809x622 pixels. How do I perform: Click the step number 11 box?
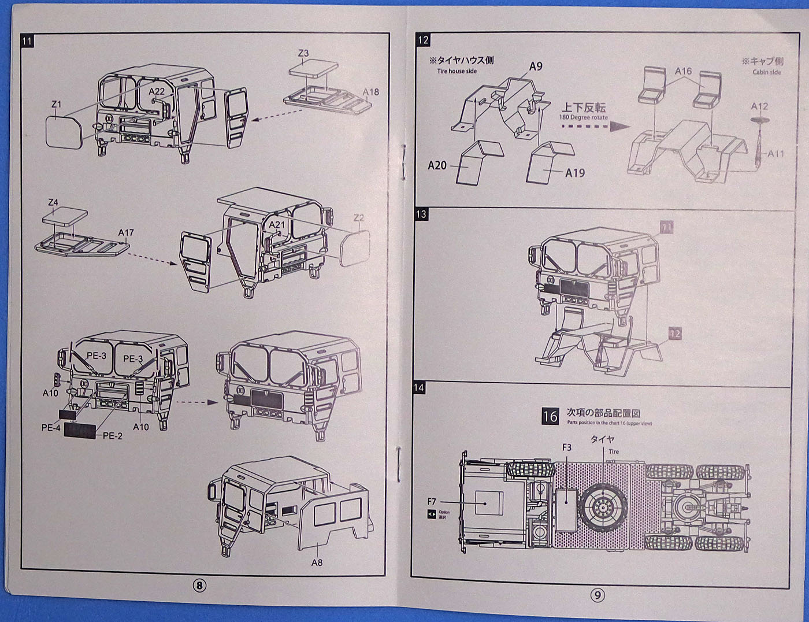(27, 41)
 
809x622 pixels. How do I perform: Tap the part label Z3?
(303, 53)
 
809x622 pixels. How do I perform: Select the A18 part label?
(370, 92)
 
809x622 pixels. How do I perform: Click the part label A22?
(156, 91)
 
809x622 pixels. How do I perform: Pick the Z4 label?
(53, 202)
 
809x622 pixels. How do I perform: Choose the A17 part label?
(125, 232)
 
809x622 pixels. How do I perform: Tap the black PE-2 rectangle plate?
(80, 430)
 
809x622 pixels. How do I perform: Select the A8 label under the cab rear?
(316, 562)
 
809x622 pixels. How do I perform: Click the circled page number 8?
(199, 586)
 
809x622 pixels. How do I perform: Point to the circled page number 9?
(598, 594)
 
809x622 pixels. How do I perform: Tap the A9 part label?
(536, 66)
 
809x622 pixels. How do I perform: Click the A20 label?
(437, 165)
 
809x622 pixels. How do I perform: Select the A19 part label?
(574, 172)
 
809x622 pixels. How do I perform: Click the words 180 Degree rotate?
(583, 117)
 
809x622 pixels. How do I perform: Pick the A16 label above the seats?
(683, 71)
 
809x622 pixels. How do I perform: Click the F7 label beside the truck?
(432, 501)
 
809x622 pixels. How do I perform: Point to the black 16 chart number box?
(550, 416)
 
